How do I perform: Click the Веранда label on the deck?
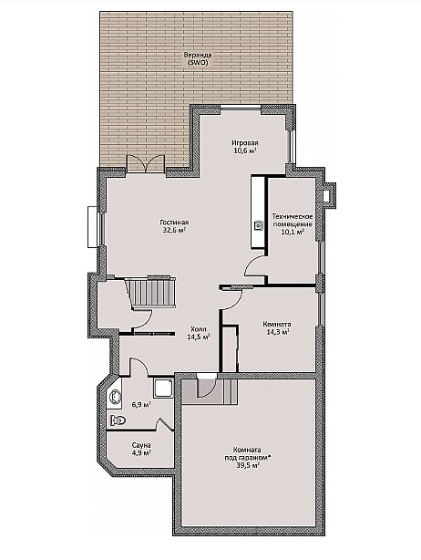click(198, 56)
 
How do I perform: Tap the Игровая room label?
click(245, 143)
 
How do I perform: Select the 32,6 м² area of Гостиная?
click(174, 231)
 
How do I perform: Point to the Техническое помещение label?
click(293, 221)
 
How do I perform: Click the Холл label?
click(199, 329)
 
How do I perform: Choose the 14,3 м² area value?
click(277, 333)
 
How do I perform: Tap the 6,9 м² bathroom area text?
click(141, 405)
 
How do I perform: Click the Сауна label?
click(141, 445)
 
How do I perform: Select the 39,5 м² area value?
click(247, 465)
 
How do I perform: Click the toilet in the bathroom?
click(118, 420)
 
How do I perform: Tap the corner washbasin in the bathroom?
click(115, 396)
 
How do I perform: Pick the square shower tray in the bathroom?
click(164, 389)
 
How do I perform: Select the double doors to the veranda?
click(146, 164)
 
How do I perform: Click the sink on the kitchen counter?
click(258, 225)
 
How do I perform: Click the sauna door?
click(164, 425)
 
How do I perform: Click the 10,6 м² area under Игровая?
click(245, 150)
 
